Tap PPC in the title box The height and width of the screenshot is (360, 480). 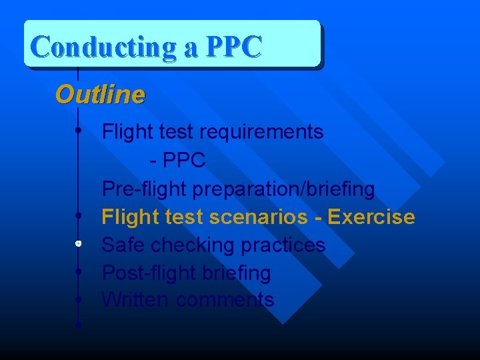(x=234, y=47)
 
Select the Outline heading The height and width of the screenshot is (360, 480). (x=100, y=95)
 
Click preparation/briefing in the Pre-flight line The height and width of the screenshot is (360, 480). (x=283, y=189)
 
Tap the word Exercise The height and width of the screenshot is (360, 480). (x=371, y=217)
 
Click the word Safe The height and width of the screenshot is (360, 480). (x=123, y=245)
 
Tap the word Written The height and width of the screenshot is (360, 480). (x=135, y=300)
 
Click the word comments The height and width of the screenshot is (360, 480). (x=225, y=300)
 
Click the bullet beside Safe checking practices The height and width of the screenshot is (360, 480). (x=79, y=244)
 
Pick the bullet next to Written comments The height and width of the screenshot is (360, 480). (x=79, y=299)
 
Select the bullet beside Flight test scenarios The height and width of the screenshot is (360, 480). (x=79, y=216)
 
